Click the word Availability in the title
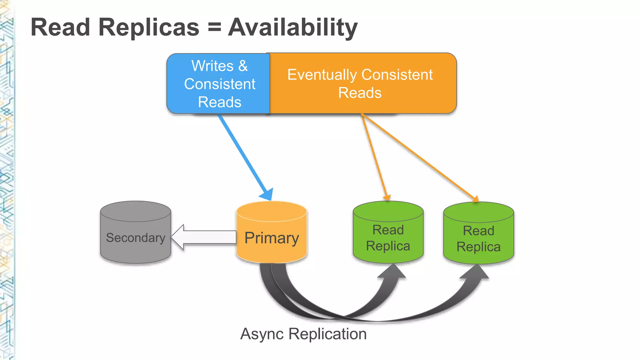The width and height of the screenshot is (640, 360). tap(292, 27)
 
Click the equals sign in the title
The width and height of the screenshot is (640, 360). tap(214, 27)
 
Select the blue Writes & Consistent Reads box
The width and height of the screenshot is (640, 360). tap(219, 84)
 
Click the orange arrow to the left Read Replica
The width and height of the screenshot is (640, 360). tap(374, 156)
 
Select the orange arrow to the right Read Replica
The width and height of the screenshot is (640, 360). tap(419, 156)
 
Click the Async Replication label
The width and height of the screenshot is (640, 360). tap(303, 334)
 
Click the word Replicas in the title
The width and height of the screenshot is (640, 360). tap(149, 27)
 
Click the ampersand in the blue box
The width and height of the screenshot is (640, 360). tap(243, 66)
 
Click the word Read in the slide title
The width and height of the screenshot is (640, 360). tap(60, 27)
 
